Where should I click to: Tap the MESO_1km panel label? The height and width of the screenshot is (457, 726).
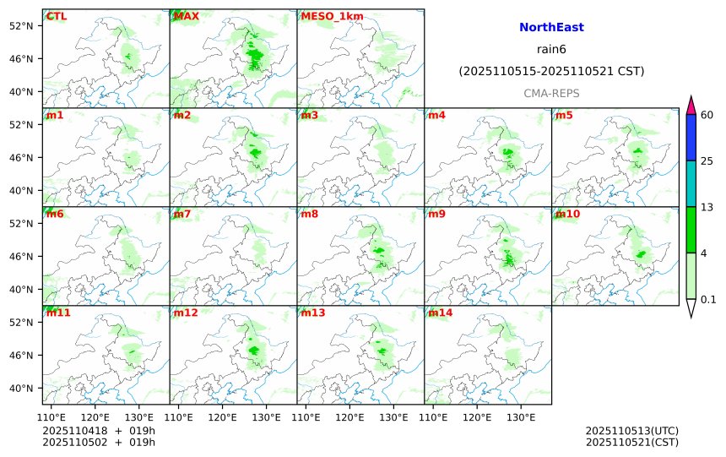[x=327, y=16]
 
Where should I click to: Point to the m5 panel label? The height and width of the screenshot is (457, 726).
[x=563, y=115]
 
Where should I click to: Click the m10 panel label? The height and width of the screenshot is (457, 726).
[x=567, y=214]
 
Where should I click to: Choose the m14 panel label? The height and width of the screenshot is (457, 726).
[x=440, y=313]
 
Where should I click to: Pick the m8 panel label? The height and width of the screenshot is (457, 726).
[x=309, y=214]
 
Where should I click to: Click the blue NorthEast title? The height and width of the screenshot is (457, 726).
[x=551, y=28]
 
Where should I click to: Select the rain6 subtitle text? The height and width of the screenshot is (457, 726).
[x=551, y=50]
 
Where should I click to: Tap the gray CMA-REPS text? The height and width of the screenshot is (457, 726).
[x=551, y=93]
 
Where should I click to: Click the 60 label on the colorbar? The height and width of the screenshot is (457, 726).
[x=707, y=115]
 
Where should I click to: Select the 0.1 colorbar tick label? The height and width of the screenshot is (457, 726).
[x=709, y=299]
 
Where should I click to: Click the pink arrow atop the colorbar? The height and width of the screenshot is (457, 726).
[x=691, y=106]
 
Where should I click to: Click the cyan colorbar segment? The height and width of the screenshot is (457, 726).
[x=691, y=184]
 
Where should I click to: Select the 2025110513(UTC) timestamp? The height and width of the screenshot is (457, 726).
[x=631, y=431]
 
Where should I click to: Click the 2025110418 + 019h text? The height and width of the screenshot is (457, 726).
[x=99, y=431]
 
